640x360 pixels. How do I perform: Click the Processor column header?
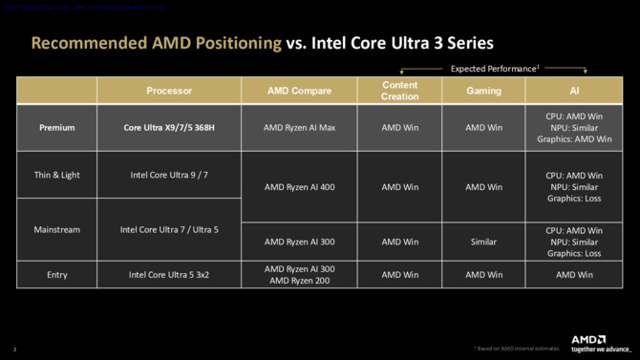169,91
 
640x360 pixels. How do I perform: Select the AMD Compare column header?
299,91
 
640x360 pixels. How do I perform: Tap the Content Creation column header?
399,91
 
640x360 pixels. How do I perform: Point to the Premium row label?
57,127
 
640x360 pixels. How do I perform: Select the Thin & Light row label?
57,175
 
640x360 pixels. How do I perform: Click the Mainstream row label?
57,229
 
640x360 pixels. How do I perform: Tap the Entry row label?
57,274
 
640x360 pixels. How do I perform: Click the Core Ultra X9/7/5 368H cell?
169,127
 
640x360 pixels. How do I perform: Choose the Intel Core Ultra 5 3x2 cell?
169,274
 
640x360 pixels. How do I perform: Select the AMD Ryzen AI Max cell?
299,127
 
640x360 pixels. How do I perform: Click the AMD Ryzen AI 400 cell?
299,187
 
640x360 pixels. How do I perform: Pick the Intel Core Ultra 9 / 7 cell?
169,175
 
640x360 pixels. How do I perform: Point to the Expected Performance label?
493,69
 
